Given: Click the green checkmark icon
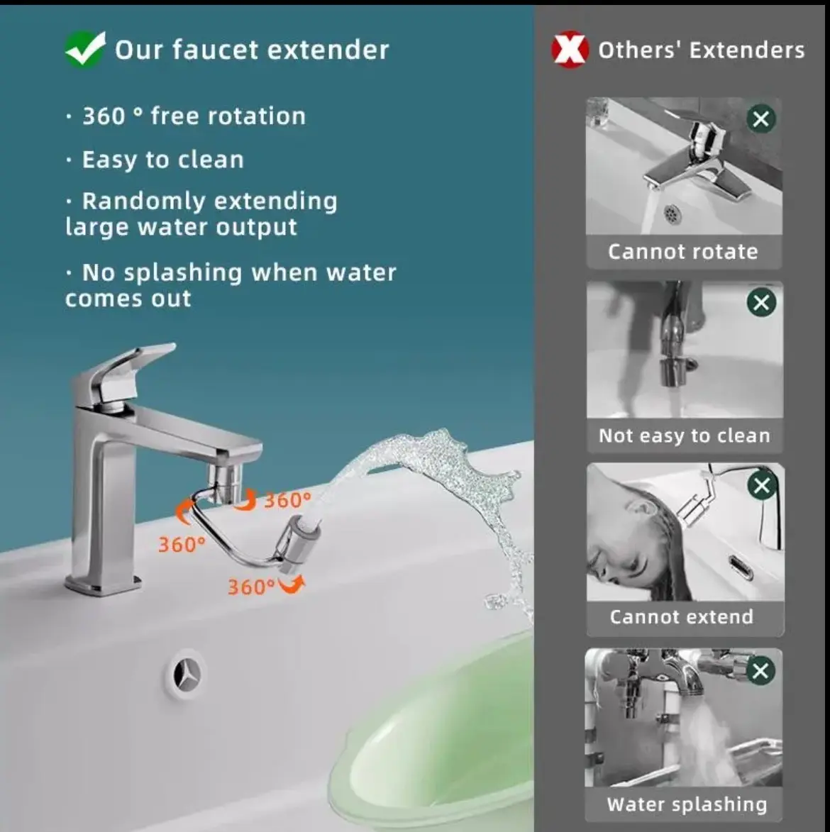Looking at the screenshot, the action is tap(85, 49).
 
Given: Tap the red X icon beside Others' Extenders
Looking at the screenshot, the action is tap(570, 50).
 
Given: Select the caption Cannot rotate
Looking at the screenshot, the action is tap(683, 252).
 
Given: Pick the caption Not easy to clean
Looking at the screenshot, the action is tap(684, 436).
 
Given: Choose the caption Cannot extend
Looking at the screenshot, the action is tap(682, 616).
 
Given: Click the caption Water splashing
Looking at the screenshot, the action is tap(687, 804).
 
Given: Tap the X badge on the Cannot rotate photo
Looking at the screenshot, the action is tap(761, 118).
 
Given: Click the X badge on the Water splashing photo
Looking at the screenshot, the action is tap(760, 671).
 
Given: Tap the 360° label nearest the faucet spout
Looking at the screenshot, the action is tap(287, 500).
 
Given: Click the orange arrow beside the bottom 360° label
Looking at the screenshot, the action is tap(292, 584).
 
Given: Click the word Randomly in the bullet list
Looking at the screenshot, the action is tap(143, 201).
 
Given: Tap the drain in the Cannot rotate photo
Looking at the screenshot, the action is tap(671, 214).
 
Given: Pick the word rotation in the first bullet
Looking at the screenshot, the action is tap(256, 116).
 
